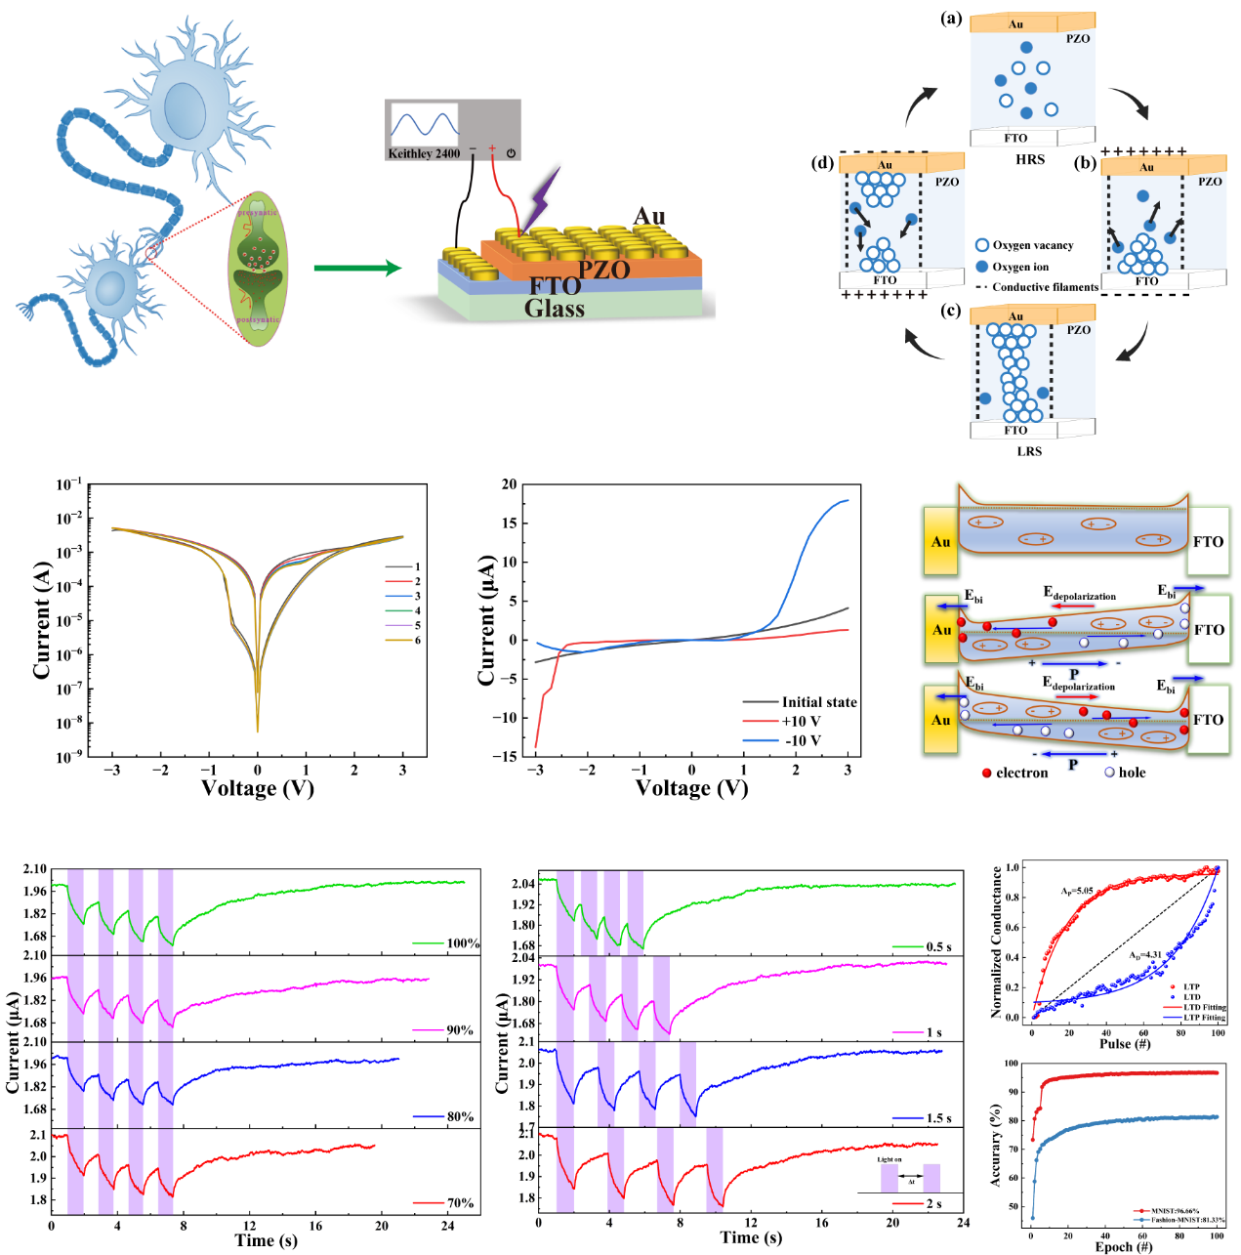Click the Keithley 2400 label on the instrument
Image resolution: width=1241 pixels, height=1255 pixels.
tap(424, 153)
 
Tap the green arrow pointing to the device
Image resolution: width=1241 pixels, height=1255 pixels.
tap(357, 268)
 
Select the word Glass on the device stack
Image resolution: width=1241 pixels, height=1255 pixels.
tap(555, 309)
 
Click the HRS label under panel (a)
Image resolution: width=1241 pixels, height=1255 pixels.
tap(1030, 159)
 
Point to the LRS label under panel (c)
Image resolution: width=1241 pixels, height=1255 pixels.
tap(1029, 451)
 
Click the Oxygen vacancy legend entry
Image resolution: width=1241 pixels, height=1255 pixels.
tap(1032, 245)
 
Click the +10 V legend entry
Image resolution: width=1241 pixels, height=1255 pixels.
tap(801, 721)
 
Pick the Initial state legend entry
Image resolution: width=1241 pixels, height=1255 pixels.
tap(818, 702)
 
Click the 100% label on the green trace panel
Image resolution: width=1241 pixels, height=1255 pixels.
tap(463, 943)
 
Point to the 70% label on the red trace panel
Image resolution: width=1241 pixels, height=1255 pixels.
tap(460, 1203)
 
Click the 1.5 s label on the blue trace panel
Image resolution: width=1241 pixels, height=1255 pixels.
tap(938, 1118)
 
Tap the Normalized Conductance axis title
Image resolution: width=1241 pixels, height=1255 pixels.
tap(997, 942)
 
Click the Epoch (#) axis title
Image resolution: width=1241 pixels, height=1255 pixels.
tap(1123, 1246)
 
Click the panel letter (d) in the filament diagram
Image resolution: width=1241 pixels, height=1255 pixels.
tap(822, 163)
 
